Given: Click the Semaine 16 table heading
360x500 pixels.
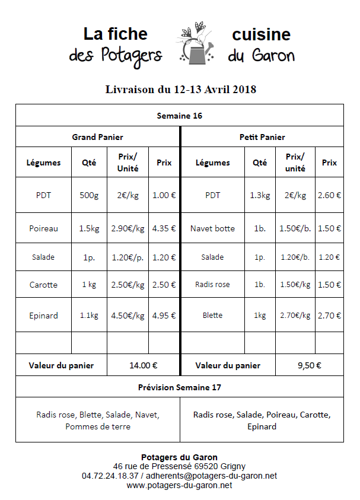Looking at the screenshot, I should [179, 116].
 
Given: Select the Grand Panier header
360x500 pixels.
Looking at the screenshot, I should [98, 137].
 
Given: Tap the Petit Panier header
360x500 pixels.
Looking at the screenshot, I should [262, 137].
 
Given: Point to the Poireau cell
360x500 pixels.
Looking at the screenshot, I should [44, 228].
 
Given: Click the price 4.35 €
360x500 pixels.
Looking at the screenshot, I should [164, 228].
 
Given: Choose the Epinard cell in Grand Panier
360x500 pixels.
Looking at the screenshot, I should [44, 316].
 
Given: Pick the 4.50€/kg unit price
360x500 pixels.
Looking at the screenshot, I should [128, 316].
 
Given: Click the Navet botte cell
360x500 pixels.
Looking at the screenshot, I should [212, 228].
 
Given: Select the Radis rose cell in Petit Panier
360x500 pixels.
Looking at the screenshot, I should [212, 285].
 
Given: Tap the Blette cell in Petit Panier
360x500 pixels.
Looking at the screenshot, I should [212, 316].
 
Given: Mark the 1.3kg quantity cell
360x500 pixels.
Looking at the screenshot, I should [260, 195].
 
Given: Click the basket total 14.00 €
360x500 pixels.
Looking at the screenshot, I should [143, 366].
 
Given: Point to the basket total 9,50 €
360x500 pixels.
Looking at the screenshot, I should [309, 366].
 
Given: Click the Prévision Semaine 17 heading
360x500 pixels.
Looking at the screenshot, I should [179, 387].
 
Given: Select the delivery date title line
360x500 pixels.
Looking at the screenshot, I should [180, 90].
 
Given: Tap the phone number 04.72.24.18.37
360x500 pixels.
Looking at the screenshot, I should [110, 476].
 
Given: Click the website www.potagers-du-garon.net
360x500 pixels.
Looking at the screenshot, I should [179, 485].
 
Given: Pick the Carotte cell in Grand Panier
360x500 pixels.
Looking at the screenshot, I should [44, 285].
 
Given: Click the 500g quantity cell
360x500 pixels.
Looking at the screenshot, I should [89, 195].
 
